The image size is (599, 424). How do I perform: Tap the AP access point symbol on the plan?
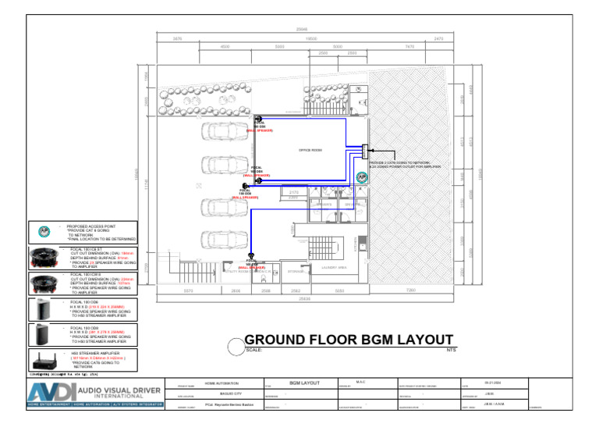click(x=361, y=178)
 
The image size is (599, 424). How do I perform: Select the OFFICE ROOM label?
click(x=310, y=150)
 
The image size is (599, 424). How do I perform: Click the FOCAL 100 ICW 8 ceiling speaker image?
click(x=44, y=283)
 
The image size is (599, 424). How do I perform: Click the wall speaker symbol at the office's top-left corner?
click(x=257, y=119)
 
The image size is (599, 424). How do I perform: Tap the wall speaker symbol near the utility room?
click(x=251, y=257)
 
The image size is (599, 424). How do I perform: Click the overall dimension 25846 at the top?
click(x=302, y=30)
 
